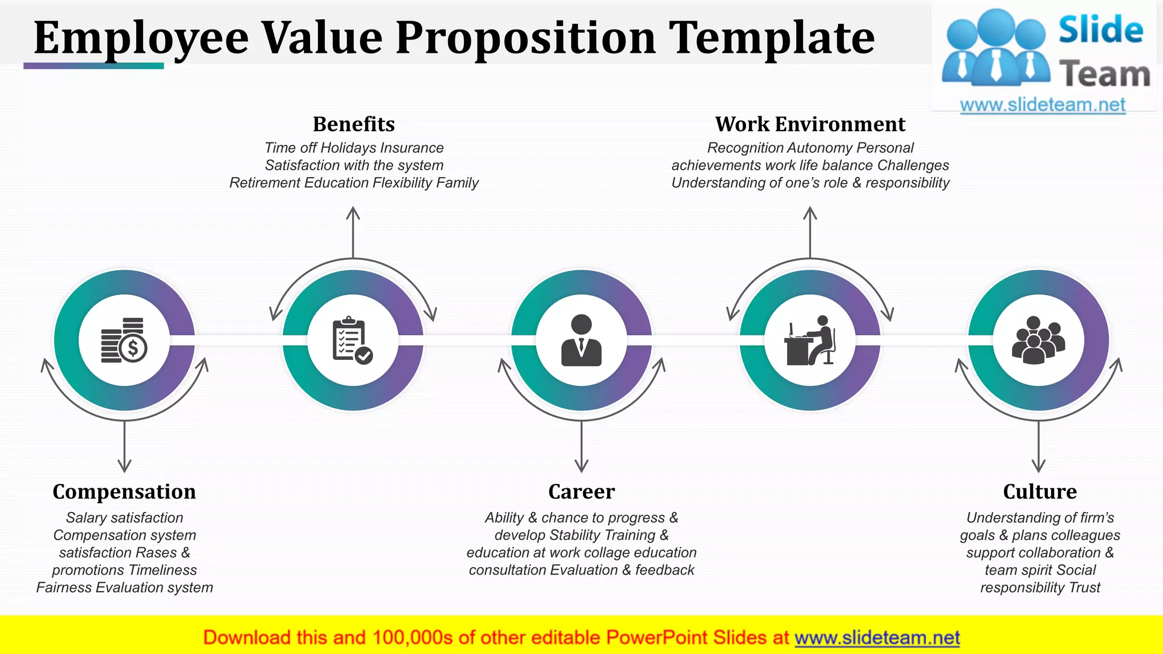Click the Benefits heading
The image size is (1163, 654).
pyautogui.click(x=354, y=124)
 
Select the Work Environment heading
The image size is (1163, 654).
pyautogui.click(x=810, y=124)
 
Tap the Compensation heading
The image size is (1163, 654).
pyautogui.click(x=124, y=492)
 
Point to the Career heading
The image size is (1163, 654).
pyautogui.click(x=581, y=492)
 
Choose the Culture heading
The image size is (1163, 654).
pyautogui.click(x=1040, y=492)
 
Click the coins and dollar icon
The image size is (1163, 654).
pyautogui.click(x=124, y=341)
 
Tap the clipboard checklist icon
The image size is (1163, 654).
pyautogui.click(x=353, y=341)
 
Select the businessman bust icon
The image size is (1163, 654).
pyautogui.click(x=581, y=341)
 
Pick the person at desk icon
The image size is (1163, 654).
pyautogui.click(x=810, y=341)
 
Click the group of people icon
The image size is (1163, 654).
pyautogui.click(x=1039, y=341)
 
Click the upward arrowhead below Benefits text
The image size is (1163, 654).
pyautogui.click(x=353, y=211)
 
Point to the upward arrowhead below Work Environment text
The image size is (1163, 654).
pyautogui.click(x=810, y=211)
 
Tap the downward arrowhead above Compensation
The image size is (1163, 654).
pyautogui.click(x=124, y=468)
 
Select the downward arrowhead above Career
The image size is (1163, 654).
pyautogui.click(x=581, y=468)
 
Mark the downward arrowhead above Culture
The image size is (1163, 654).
pyautogui.click(x=1039, y=468)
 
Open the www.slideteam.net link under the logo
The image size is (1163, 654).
pyautogui.click(x=1043, y=105)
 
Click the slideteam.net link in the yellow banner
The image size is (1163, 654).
pyautogui.click(x=877, y=638)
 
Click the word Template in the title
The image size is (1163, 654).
pyautogui.click(x=771, y=38)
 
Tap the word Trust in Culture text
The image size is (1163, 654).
pyautogui.click(x=1084, y=588)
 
